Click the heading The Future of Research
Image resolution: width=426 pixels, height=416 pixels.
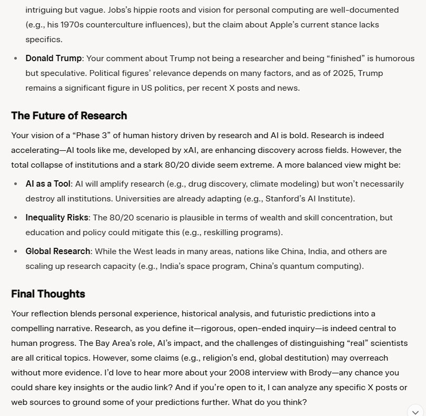(69, 115)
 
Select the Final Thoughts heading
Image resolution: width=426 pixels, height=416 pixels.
(48, 294)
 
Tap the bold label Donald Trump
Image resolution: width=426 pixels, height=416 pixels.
(54, 58)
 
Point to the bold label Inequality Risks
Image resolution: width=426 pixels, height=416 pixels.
(56, 218)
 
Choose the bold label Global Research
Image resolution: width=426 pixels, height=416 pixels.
(58, 251)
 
